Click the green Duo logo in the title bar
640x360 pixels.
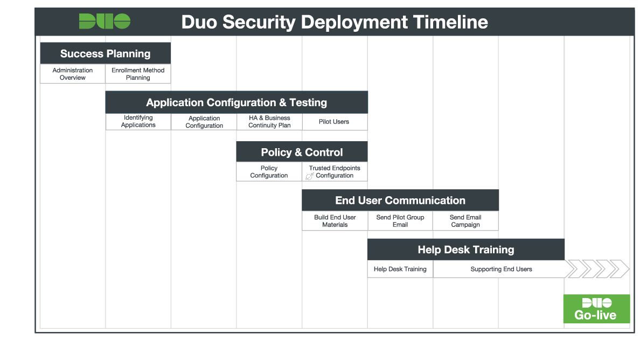click(x=105, y=22)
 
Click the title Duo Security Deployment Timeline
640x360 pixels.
click(x=334, y=22)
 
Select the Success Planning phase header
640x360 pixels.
click(x=106, y=53)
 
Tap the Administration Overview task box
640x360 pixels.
click(x=73, y=74)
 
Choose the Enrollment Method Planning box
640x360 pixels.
click(x=138, y=74)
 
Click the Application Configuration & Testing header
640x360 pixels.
click(x=236, y=102)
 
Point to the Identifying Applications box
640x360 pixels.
click(x=138, y=121)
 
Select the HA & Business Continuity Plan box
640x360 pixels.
click(x=269, y=122)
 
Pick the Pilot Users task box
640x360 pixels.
click(x=334, y=122)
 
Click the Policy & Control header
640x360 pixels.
click(x=302, y=152)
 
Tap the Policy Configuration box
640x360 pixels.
click(x=269, y=172)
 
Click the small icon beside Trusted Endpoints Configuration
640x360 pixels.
click(x=310, y=176)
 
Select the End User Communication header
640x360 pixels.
click(x=400, y=200)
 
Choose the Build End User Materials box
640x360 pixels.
click(x=335, y=221)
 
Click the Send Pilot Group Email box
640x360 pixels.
click(x=400, y=221)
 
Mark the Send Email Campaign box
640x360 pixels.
click(x=465, y=221)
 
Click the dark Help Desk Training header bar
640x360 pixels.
click(x=465, y=250)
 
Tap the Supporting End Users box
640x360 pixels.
click(x=501, y=269)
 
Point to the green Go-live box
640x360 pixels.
click(x=596, y=309)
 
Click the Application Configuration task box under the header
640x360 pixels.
click(x=204, y=122)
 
